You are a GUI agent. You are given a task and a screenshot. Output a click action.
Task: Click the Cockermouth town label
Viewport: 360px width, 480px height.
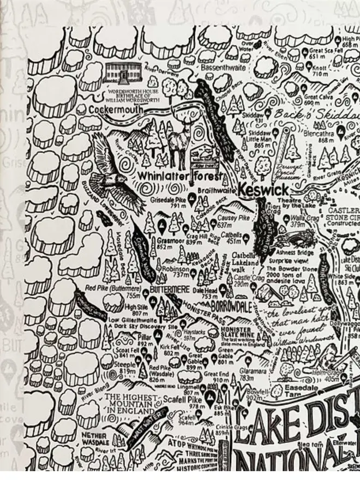click(116, 109)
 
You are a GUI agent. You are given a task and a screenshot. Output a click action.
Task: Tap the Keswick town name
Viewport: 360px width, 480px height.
click(263, 190)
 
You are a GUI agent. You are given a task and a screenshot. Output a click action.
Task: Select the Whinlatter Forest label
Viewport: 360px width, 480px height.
click(179, 176)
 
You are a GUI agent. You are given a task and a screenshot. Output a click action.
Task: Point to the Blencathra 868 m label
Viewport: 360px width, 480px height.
click(319, 136)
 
